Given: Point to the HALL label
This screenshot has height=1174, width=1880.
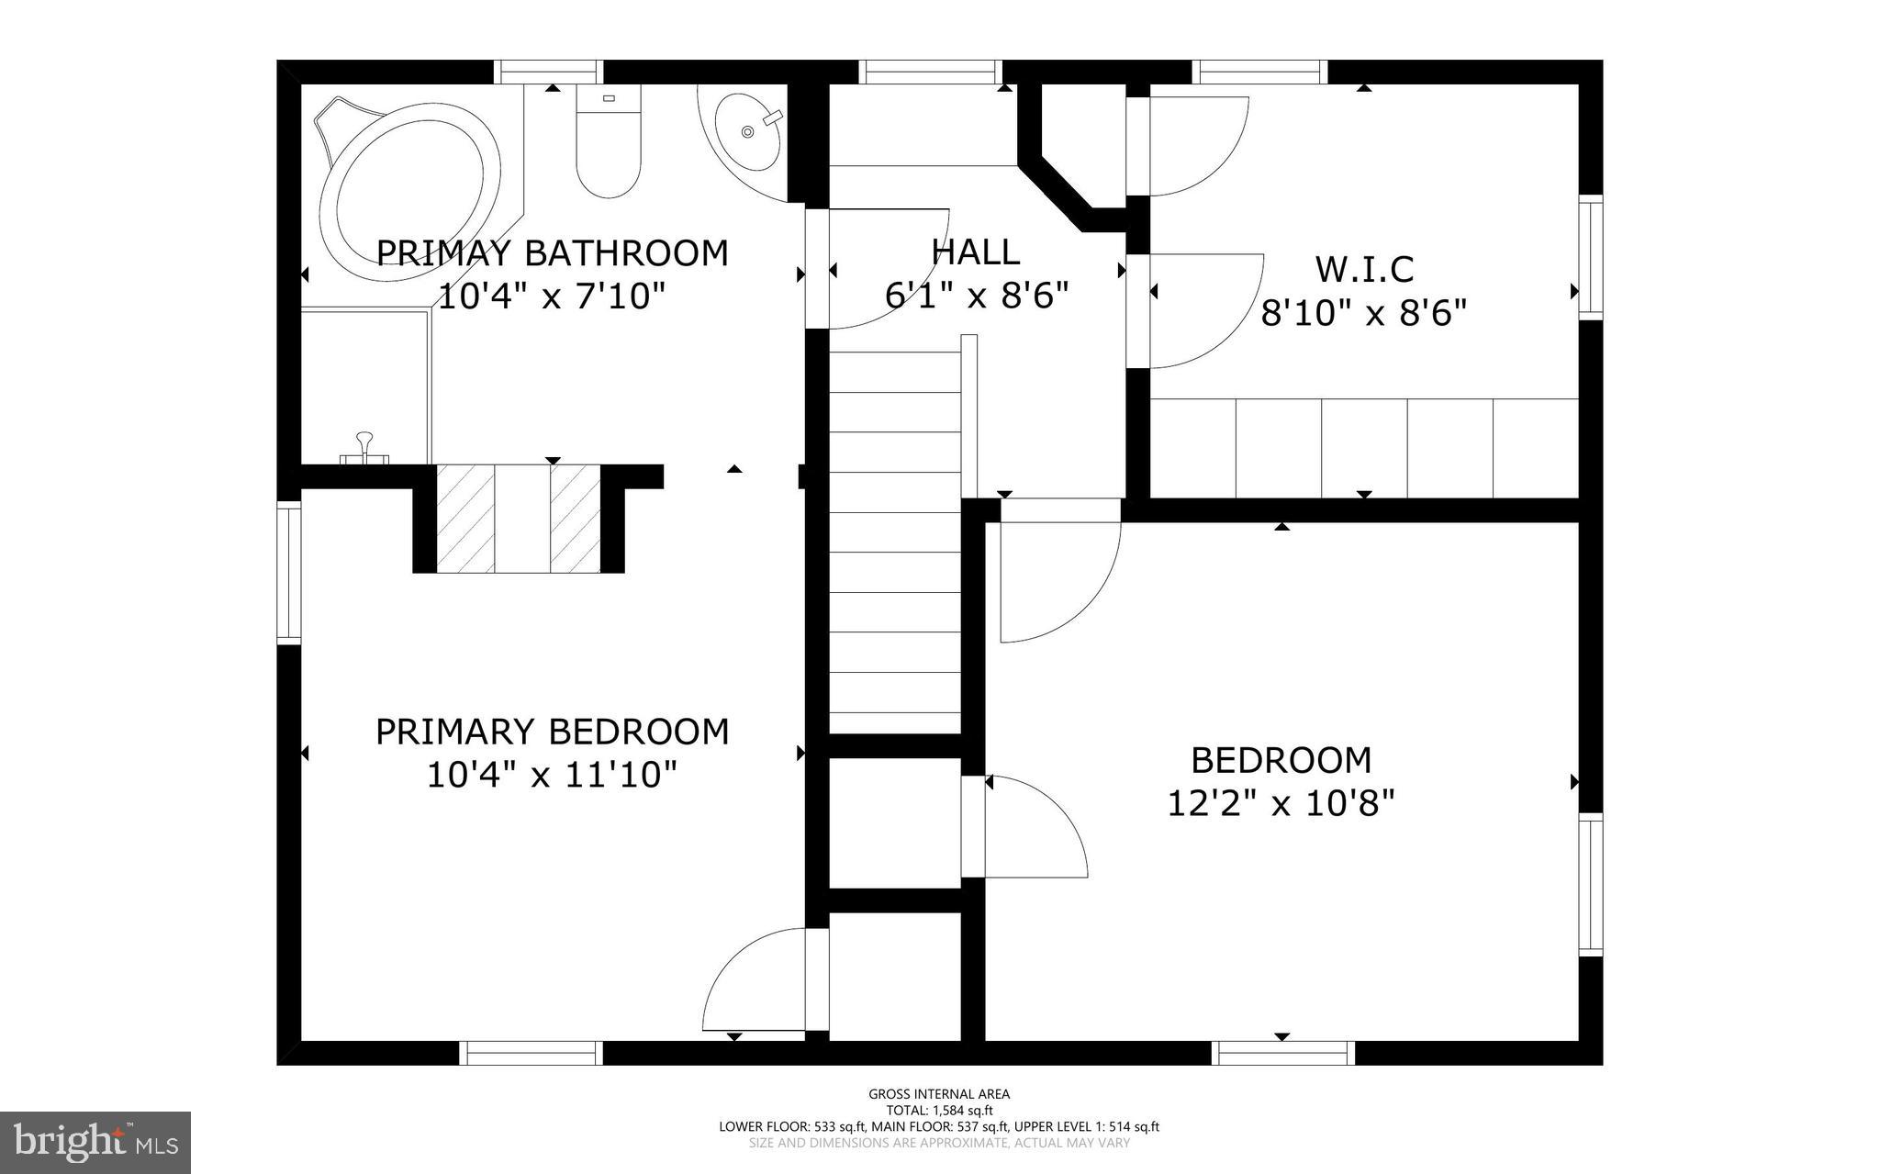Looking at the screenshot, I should [x=975, y=252].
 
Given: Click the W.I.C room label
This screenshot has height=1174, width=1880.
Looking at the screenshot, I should [x=1364, y=270].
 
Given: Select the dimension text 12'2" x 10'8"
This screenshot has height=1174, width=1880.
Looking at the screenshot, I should [x=1281, y=804].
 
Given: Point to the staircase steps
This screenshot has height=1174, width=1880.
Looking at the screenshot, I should [x=894, y=551].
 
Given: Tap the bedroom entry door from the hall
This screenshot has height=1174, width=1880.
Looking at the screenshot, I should [x=1056, y=578].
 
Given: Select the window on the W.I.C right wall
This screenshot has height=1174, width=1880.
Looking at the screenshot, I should [x=1590, y=257].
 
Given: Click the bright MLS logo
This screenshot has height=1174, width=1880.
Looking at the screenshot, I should [x=95, y=1142].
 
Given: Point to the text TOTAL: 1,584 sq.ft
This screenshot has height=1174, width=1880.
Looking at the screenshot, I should [x=939, y=1110].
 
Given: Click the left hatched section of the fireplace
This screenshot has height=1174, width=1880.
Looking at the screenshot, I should [x=464, y=519].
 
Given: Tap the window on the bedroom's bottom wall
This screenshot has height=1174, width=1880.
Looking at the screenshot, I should [x=1282, y=1052].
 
